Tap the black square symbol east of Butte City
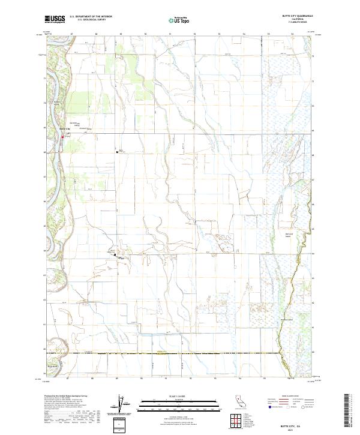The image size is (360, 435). point(117,152)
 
